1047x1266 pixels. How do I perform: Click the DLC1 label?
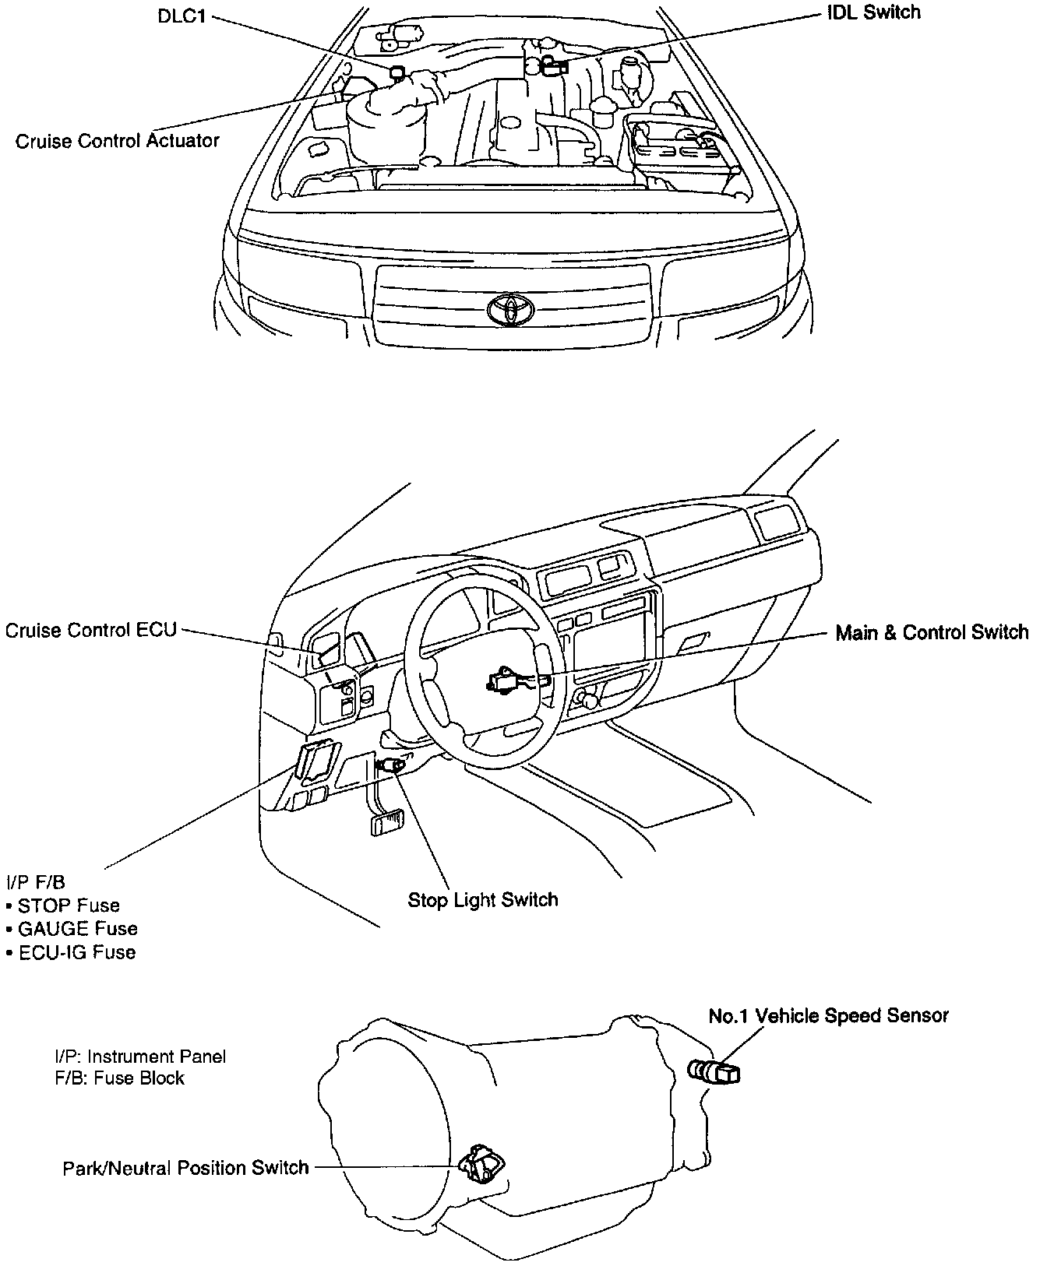pyautogui.click(x=182, y=16)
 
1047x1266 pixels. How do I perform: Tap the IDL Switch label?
pyautogui.click(x=873, y=12)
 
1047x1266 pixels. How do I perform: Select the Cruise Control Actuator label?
pyautogui.click(x=118, y=141)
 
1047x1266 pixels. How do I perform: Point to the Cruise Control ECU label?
pyautogui.click(x=91, y=630)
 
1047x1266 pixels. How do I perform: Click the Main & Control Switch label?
pyautogui.click(x=932, y=632)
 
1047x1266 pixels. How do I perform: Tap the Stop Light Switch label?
pyautogui.click(x=483, y=900)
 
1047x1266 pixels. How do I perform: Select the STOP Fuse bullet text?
pyautogui.click(x=69, y=906)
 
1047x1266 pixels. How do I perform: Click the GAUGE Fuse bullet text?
pyautogui.click(x=77, y=929)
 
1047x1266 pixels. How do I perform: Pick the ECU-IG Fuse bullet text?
pyautogui.click(x=76, y=952)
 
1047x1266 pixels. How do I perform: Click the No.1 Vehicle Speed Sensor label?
pyautogui.click(x=829, y=1016)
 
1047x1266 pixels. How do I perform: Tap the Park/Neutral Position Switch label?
pyautogui.click(x=186, y=1168)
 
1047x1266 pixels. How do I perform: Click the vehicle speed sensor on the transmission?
pyautogui.click(x=715, y=1073)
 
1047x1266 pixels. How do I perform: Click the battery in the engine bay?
pyautogui.click(x=681, y=154)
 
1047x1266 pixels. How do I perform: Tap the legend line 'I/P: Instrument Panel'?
pyautogui.click(x=140, y=1057)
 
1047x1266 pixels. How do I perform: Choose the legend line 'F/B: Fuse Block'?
pyautogui.click(x=119, y=1078)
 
